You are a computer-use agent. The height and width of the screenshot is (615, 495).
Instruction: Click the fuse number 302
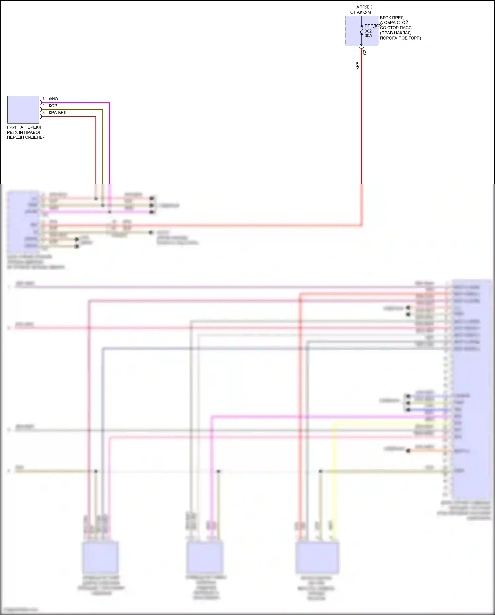point(368,31)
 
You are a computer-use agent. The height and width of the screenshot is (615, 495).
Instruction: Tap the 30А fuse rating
point(368,36)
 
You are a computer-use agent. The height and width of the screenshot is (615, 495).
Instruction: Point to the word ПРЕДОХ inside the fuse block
point(373,26)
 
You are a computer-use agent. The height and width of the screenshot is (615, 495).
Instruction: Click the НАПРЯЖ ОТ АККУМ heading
point(362,9)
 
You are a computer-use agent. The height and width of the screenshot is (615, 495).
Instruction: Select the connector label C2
point(365,52)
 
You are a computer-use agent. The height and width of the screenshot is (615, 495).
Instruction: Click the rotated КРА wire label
point(357,65)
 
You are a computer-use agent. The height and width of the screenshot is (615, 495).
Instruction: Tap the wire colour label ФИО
point(53,99)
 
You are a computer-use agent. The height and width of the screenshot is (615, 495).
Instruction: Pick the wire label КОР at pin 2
point(53,106)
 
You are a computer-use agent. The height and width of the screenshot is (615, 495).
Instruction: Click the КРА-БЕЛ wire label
point(57,113)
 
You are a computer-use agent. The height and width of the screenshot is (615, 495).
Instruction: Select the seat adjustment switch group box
point(23,109)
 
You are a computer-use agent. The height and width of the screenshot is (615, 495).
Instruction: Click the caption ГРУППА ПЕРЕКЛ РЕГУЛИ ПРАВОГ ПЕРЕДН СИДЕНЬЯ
point(26,132)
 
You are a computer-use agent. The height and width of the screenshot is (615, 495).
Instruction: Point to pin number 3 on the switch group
point(43,113)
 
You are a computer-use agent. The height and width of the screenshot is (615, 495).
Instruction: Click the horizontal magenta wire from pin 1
point(76,103)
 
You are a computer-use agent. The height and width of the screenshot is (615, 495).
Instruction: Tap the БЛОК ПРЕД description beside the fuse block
point(400,28)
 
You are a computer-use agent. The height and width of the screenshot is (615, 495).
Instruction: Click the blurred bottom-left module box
point(100,557)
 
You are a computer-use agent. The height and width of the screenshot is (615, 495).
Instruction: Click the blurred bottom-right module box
point(317,557)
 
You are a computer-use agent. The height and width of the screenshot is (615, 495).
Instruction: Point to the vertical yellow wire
point(334,479)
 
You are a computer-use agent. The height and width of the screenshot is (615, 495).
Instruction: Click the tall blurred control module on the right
point(471,390)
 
